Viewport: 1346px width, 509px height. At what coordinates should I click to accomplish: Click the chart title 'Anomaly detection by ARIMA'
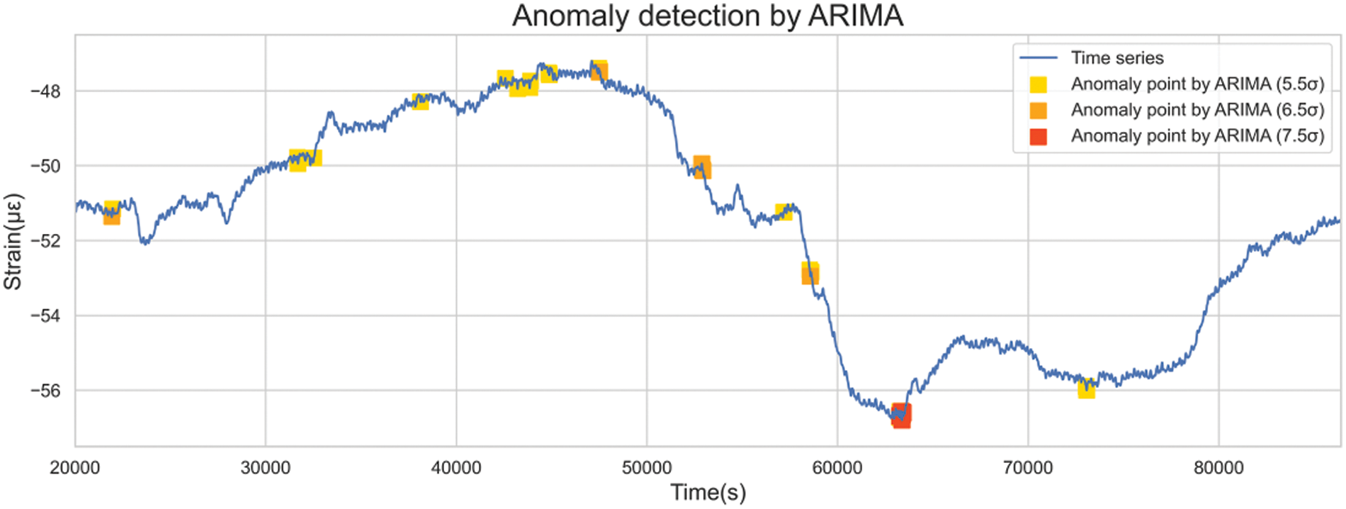(707, 16)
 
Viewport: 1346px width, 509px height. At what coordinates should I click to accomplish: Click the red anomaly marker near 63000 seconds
(901, 415)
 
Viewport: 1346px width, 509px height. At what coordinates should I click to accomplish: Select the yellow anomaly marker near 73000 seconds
(1086, 388)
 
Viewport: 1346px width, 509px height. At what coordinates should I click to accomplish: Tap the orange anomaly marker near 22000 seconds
(111, 216)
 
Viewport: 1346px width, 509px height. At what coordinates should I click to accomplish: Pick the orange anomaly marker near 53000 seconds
(702, 167)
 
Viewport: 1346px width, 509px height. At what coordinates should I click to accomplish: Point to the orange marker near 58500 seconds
(810, 274)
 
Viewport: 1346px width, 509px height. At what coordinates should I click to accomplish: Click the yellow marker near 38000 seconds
(420, 101)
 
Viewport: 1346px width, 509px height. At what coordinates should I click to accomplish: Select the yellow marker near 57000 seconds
(783, 212)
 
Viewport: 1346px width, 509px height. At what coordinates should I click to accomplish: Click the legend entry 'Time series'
(1116, 58)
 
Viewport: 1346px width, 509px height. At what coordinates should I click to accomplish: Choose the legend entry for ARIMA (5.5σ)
(1197, 84)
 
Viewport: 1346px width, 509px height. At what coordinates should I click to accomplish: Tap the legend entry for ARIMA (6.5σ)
(1197, 110)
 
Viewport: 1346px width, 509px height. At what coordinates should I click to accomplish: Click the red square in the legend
(1038, 136)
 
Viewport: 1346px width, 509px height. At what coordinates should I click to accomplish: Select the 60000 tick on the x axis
(837, 468)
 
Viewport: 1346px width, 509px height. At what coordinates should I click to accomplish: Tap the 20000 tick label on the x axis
(75, 468)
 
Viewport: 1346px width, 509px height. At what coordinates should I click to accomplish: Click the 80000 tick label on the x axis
(1218, 468)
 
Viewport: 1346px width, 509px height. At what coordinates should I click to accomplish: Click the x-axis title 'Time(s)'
(708, 492)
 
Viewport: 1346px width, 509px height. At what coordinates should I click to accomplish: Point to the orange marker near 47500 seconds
(599, 71)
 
